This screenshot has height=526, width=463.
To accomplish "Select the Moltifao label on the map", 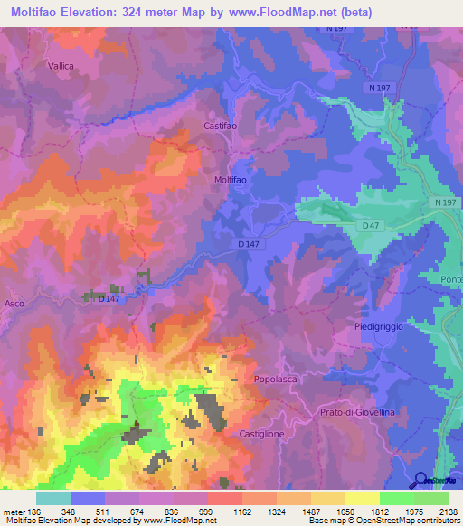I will tap(231, 180).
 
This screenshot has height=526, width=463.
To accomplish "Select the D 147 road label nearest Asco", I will tap(109, 298).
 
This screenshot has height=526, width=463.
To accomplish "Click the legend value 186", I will tap(33, 512).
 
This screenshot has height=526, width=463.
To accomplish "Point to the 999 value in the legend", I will tap(207, 512).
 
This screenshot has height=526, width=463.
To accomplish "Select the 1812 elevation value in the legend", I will tap(379, 512).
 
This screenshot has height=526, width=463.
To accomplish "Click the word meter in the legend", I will tap(13, 512).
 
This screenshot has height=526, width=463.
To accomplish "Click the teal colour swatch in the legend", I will tap(52, 498).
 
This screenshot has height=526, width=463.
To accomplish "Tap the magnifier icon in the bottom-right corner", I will tap(421, 480).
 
